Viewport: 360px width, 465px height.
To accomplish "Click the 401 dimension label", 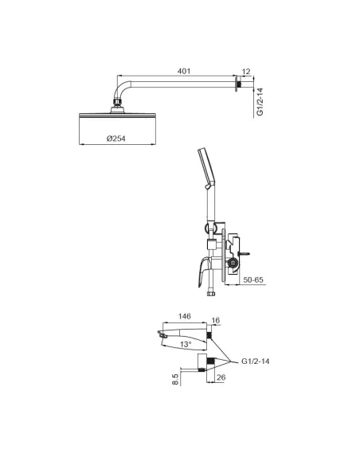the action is (x=184, y=72).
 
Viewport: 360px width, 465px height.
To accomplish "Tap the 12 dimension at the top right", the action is (x=246, y=72).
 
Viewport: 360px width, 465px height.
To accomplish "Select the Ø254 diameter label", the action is (x=116, y=139).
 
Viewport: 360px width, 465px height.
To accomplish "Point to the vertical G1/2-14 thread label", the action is (x=260, y=102).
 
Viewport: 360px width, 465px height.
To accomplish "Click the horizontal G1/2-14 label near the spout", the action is (x=256, y=361).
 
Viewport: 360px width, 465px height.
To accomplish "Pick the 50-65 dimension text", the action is (x=253, y=280).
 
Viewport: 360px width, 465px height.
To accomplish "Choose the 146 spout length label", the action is (x=184, y=316).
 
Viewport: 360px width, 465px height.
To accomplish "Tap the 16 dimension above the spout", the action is (x=216, y=320).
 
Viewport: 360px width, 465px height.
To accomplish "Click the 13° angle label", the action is (x=186, y=345).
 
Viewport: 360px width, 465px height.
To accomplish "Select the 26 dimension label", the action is (x=221, y=377).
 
